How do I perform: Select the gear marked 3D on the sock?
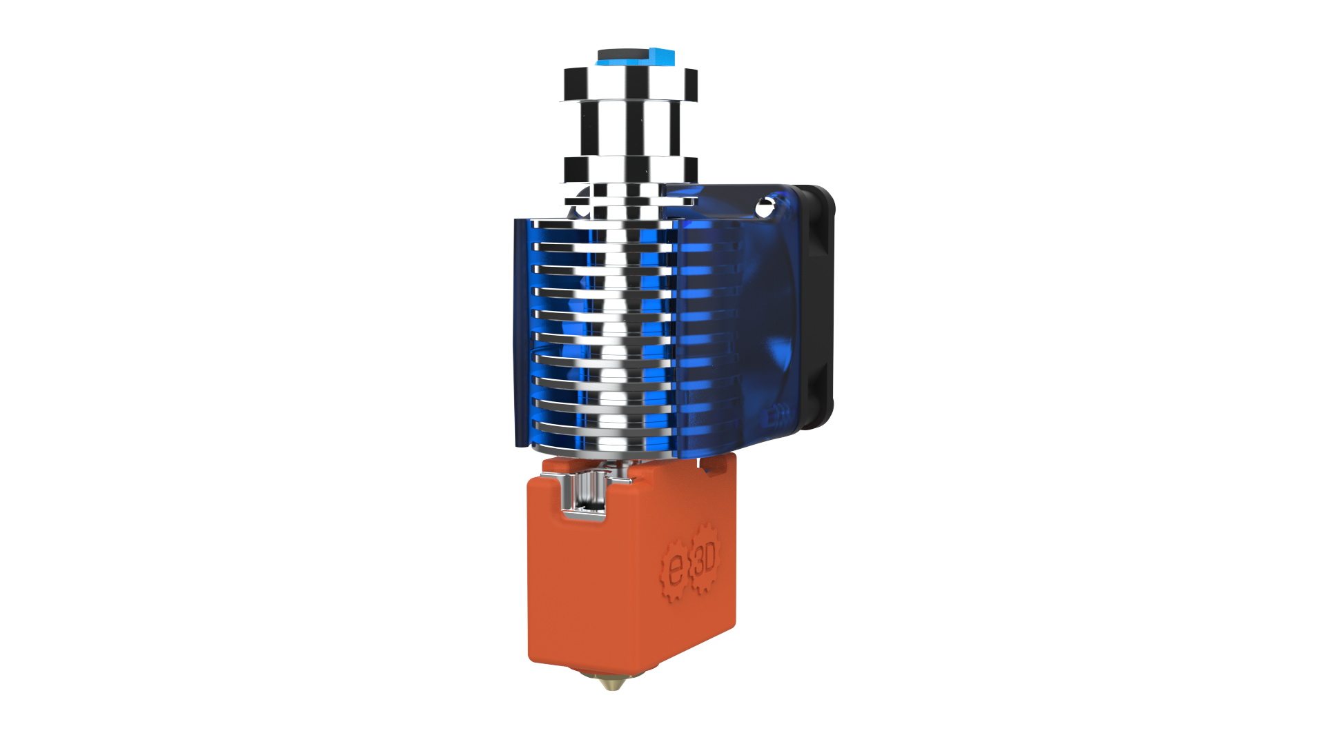point(705,559)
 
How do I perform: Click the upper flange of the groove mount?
point(629,83)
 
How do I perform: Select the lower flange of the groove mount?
point(629,169)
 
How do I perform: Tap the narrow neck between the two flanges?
point(629,128)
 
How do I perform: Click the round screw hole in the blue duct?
point(764,205)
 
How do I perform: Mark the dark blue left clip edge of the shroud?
point(520,331)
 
